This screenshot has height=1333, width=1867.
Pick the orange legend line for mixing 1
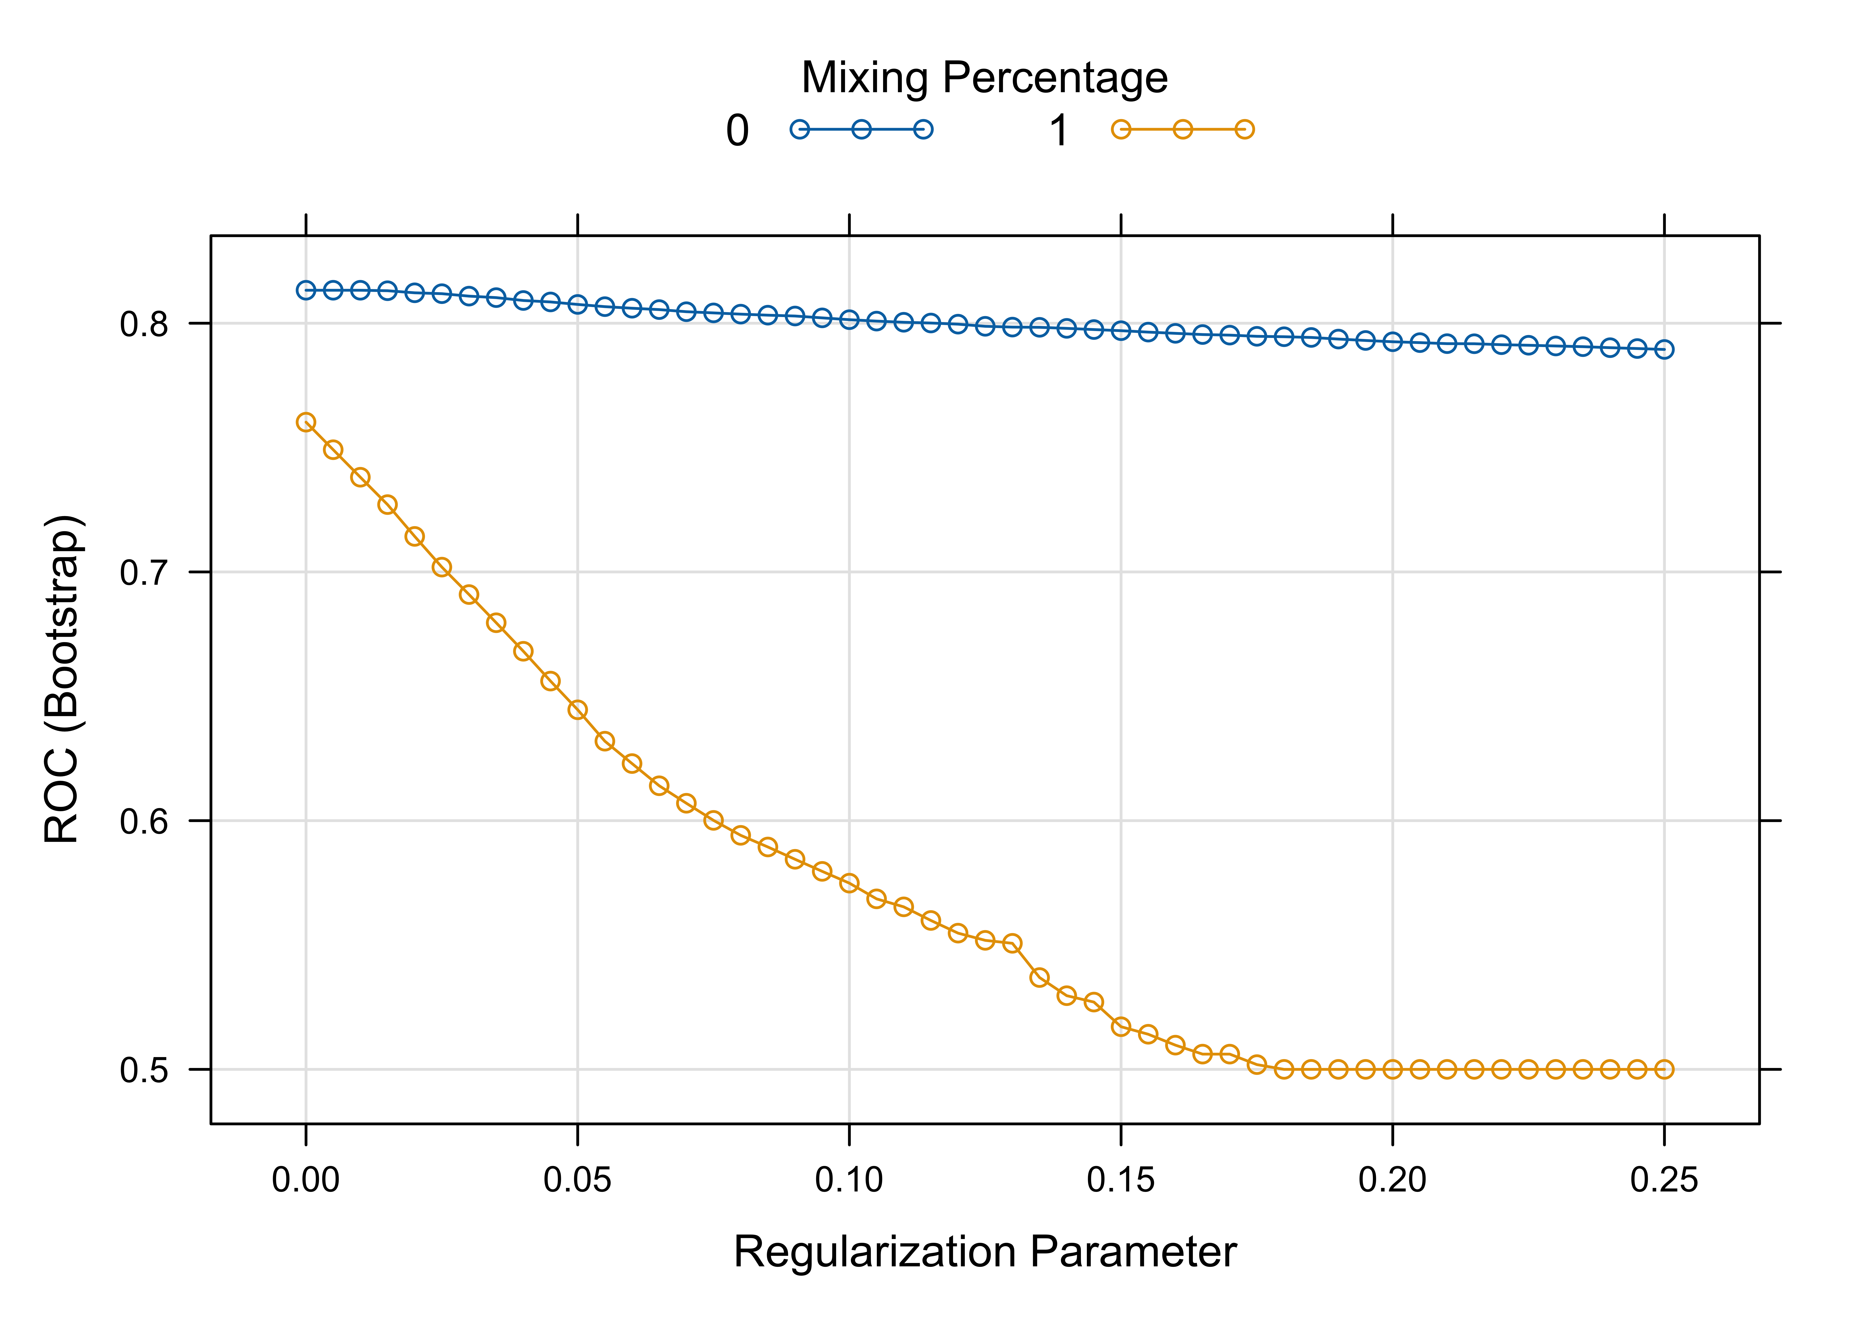click(x=1182, y=130)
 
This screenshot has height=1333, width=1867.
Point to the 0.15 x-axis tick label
click(x=1121, y=1180)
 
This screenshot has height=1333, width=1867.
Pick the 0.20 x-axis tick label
click(x=1392, y=1180)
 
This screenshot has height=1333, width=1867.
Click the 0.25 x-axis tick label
click(x=1664, y=1180)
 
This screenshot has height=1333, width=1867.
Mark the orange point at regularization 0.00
click(x=306, y=423)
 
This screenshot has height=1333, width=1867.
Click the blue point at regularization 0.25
click(x=1664, y=350)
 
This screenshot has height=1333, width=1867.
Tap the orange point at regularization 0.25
click(x=1664, y=1070)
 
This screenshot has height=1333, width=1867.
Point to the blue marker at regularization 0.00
click(x=306, y=290)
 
